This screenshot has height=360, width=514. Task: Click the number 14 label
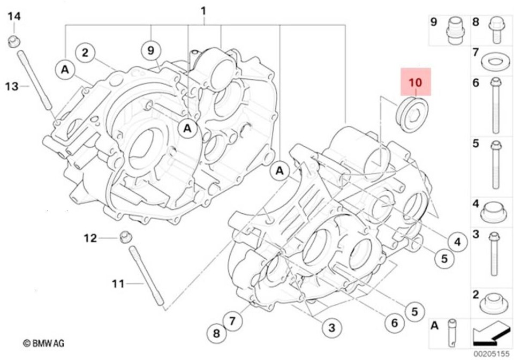point(14,16)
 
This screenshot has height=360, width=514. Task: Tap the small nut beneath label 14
point(14,41)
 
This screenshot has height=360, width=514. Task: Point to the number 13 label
point(12,87)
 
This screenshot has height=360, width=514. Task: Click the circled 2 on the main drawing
point(85,52)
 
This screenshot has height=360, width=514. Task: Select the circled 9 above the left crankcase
point(151,51)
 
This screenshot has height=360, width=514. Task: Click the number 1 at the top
point(203,11)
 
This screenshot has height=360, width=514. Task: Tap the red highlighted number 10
point(415,82)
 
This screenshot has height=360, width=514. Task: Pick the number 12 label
point(90,238)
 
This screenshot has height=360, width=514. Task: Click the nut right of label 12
point(124,237)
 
